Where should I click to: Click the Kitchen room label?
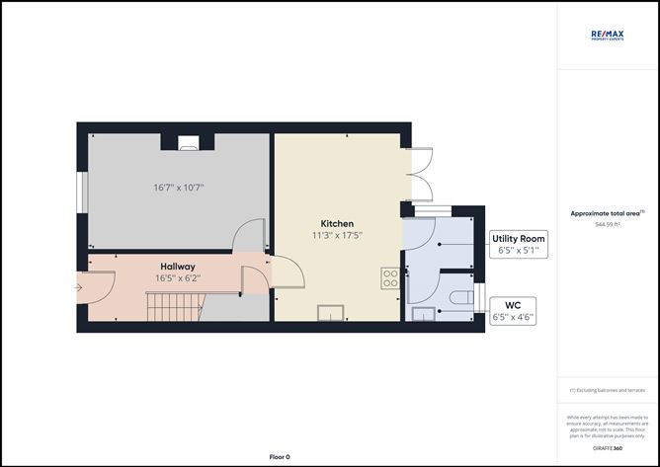click(337, 223)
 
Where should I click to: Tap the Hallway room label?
click(178, 267)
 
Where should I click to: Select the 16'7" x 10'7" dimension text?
click(179, 187)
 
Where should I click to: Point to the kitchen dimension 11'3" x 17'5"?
click(337, 236)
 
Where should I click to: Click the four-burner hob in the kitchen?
click(390, 277)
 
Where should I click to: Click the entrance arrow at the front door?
click(77, 288)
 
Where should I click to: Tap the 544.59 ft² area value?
click(608, 224)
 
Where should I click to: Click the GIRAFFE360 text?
click(608, 448)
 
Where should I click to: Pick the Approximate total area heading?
click(608, 212)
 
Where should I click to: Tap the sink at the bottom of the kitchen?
click(330, 313)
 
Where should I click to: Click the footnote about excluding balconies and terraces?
click(608, 390)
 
